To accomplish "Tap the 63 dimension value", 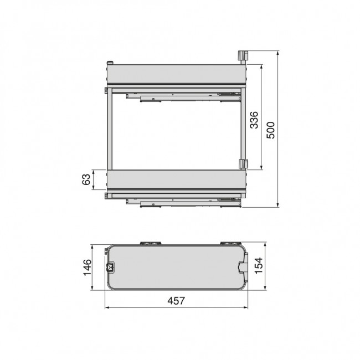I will pos(86,179).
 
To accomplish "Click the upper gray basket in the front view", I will pos(176,74).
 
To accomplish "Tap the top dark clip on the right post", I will pos(242,55).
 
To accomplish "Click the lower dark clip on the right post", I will pos(242,164).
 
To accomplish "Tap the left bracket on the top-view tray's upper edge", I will pos(150,244).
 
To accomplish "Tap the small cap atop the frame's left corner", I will pos(111,62).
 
